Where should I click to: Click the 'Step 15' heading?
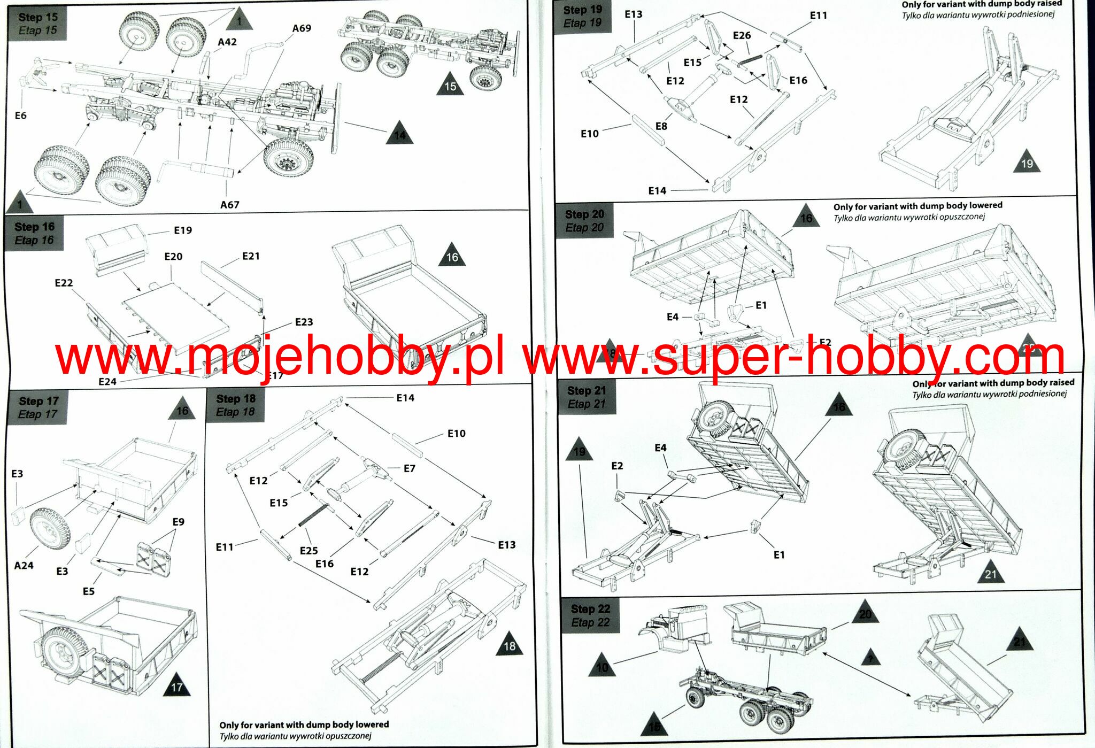(x=37, y=17)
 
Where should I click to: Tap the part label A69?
(x=302, y=28)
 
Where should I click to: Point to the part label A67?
(x=230, y=205)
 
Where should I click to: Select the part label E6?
(x=20, y=115)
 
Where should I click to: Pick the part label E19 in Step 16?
(x=183, y=230)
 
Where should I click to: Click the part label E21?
(x=251, y=256)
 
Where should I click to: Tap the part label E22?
(x=64, y=283)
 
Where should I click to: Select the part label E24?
(x=107, y=382)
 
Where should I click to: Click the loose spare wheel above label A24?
(x=50, y=529)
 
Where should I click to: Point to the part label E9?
(x=178, y=522)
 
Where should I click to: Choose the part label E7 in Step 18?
(x=409, y=468)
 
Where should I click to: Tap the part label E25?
(x=309, y=550)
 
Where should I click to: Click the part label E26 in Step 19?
(x=742, y=35)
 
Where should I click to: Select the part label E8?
(x=661, y=126)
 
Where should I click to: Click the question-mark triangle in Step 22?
(x=870, y=658)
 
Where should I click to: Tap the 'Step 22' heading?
(x=590, y=609)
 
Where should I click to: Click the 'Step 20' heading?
(x=584, y=214)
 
